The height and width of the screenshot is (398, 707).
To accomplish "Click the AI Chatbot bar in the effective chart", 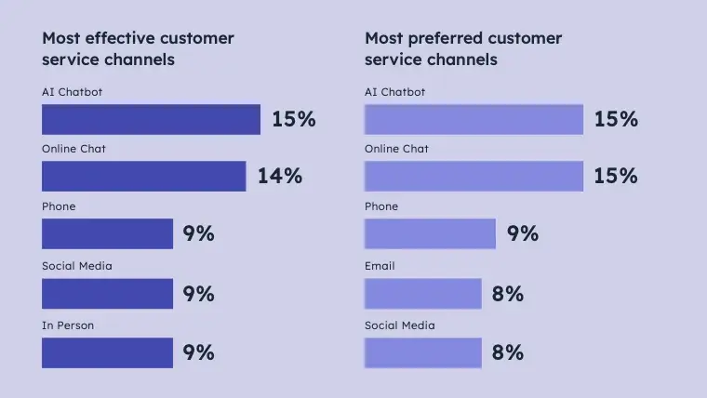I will (151, 119).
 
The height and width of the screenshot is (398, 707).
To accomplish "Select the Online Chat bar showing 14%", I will (143, 176).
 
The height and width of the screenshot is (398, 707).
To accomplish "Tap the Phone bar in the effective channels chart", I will (107, 233).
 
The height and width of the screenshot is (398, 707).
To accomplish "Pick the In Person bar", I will (107, 352).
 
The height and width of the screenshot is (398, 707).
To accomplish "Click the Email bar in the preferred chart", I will (422, 294).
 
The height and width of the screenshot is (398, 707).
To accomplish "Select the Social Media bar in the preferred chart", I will (422, 352).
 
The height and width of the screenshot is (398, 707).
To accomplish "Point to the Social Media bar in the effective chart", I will (107, 294).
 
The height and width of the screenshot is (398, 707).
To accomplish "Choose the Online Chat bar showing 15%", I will (474, 176).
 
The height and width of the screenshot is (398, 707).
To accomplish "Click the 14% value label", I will (280, 176).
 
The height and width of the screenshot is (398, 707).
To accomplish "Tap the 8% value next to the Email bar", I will (508, 294).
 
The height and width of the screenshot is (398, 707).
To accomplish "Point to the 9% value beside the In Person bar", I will (199, 352).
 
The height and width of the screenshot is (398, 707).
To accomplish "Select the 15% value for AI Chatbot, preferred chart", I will (616, 119).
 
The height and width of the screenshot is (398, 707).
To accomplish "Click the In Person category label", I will (68, 325).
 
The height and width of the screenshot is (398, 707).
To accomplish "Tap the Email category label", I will (380, 266).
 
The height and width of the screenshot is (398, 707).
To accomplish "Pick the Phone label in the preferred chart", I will (381, 206).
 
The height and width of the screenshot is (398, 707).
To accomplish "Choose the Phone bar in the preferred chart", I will (430, 233).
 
